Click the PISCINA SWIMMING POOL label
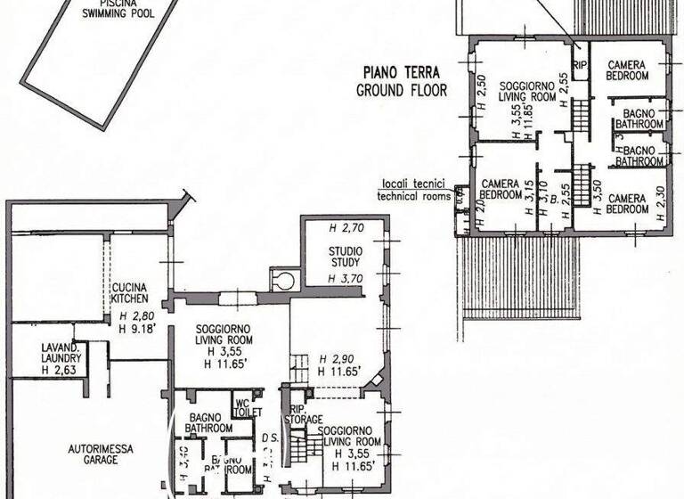tap(118, 8)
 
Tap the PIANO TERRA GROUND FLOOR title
tap(402, 82)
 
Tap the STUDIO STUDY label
tap(344, 256)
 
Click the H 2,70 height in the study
tap(346, 227)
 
